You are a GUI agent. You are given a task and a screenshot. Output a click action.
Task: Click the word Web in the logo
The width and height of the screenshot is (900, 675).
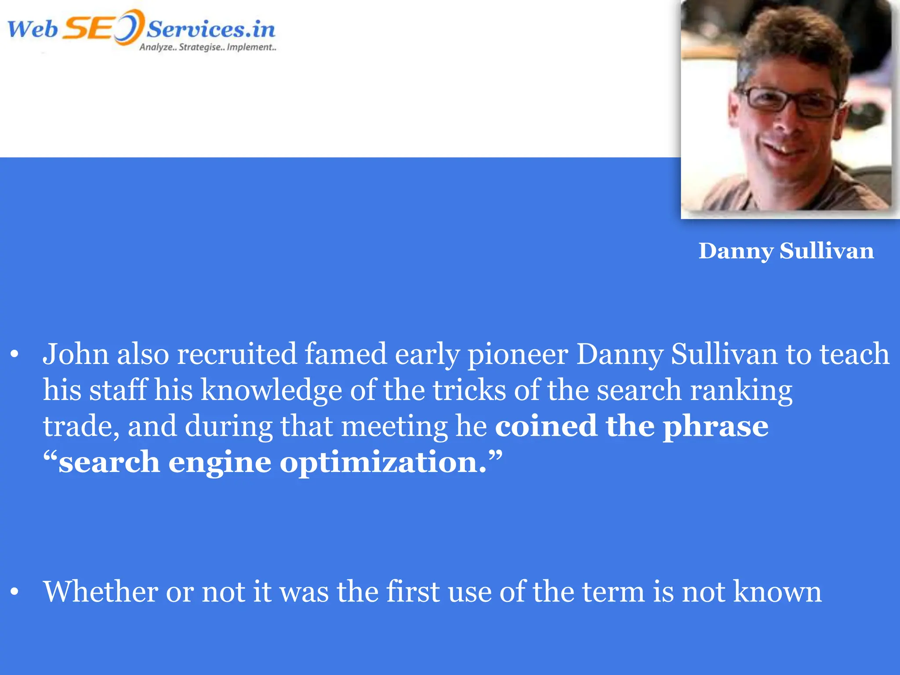click(33, 30)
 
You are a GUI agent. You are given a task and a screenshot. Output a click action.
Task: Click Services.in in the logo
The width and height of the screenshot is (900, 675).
click(211, 30)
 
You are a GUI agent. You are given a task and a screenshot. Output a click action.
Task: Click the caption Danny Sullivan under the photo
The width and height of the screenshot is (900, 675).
click(786, 251)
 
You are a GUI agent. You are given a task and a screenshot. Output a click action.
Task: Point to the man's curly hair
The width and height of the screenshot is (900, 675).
click(791, 40)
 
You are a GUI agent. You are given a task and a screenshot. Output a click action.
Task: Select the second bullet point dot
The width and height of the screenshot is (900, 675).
click(15, 592)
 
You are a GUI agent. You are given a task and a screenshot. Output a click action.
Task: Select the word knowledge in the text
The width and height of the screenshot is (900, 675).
click(271, 391)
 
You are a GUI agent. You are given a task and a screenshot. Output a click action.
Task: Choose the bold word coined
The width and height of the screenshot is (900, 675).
click(546, 426)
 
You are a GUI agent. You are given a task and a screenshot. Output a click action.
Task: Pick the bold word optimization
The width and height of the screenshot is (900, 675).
click(383, 463)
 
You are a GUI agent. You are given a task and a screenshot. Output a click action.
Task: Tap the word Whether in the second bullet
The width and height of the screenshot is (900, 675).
click(100, 592)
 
